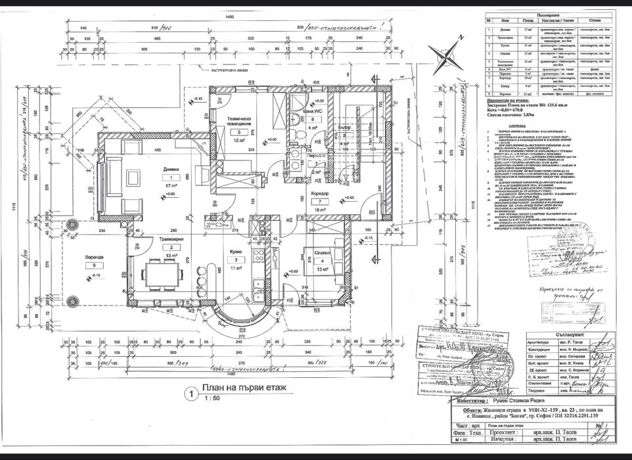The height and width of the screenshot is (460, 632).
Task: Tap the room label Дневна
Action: point(170,169)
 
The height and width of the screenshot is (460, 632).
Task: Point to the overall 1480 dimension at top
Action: point(230,16)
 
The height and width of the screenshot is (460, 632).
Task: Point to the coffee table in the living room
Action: point(133,177)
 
